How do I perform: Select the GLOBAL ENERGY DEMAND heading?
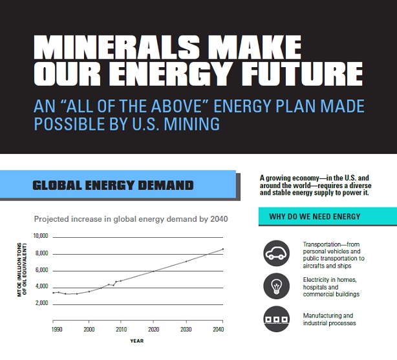113,185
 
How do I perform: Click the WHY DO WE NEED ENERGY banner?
315,217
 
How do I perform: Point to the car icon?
277,253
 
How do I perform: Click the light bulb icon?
277,286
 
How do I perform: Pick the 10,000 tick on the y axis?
41,237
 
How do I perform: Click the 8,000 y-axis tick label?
42,253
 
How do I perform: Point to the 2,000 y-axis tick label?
42,303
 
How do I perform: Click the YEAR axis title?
136,341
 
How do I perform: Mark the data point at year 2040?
223,249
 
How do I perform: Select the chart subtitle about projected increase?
131,219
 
